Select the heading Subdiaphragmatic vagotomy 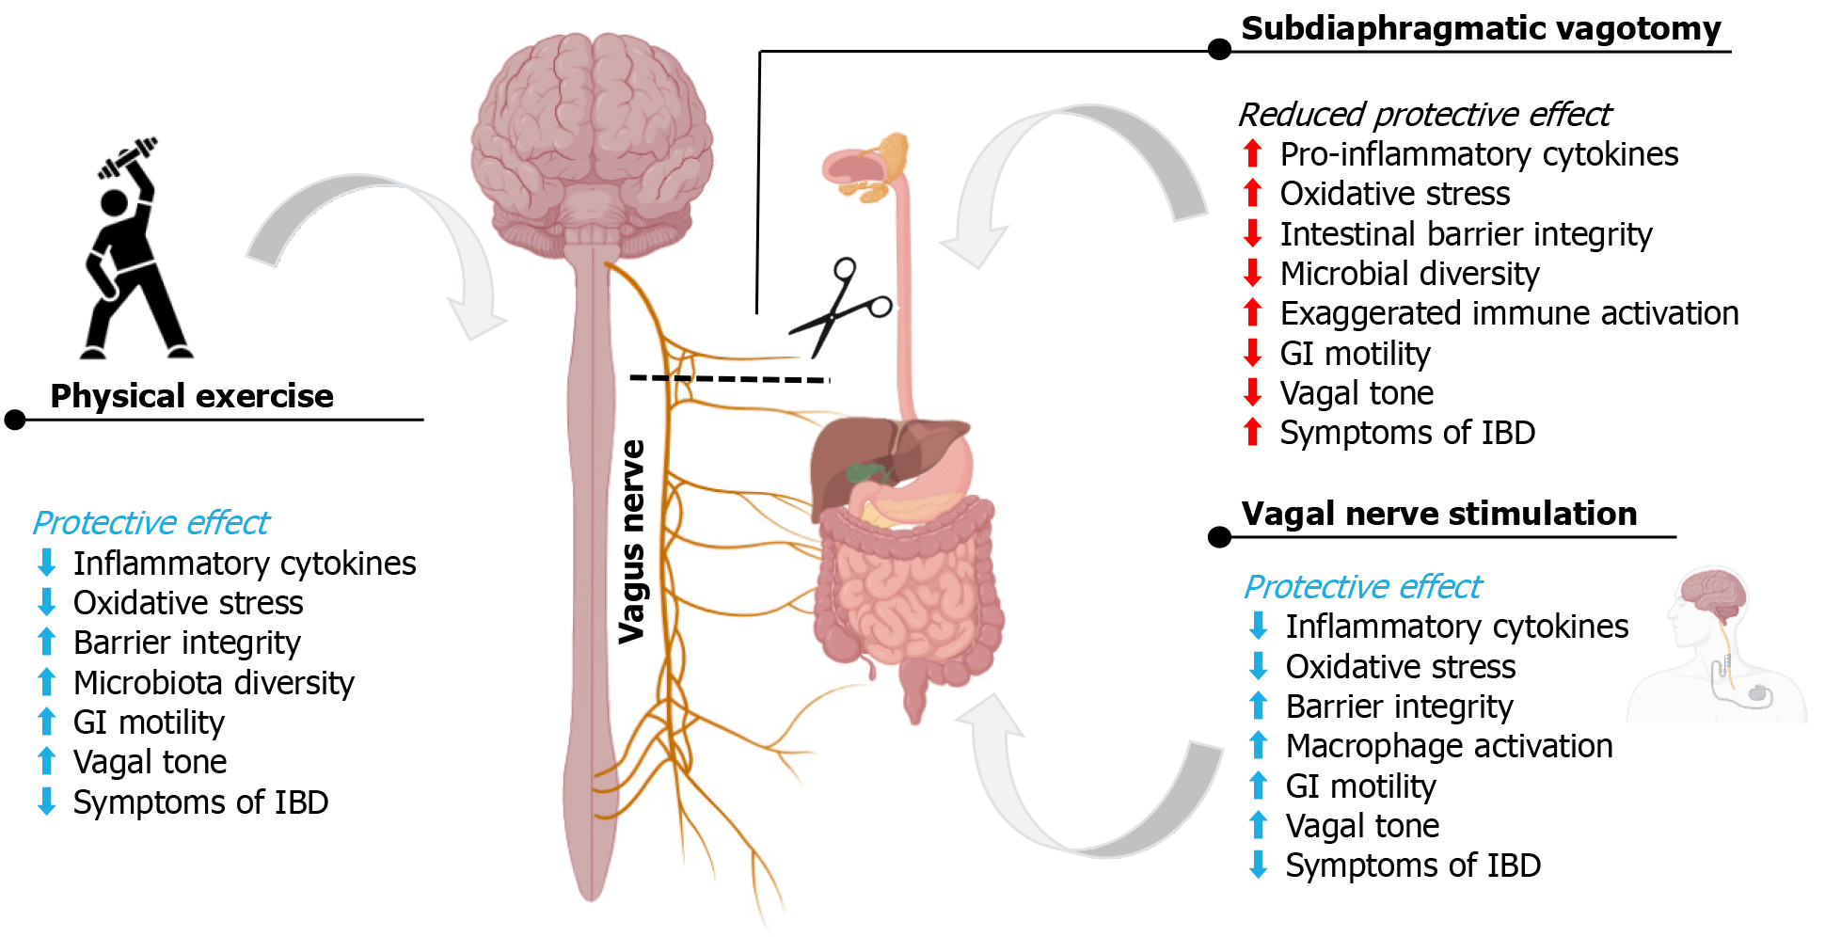1481,28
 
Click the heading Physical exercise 192,396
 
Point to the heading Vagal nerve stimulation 1438,514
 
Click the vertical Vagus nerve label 632,541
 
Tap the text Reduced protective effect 1424,115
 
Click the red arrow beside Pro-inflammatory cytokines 1252,153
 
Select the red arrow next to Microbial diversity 1252,273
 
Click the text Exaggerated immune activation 1509,313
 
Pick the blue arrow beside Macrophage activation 1258,745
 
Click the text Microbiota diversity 214,683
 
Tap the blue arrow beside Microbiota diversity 46,682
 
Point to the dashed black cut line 729,378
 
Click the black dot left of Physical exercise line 15,420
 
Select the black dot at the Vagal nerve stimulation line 1219,537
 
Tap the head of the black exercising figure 114,202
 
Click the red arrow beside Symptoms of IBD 1252,432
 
